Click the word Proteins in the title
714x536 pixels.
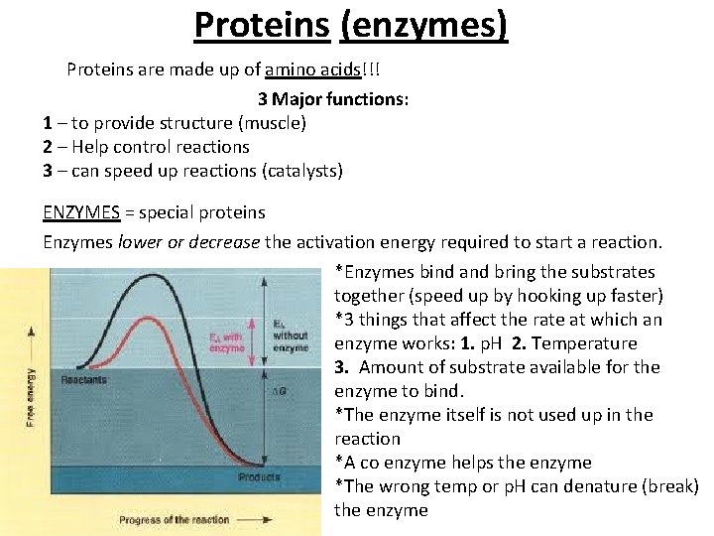(x=262, y=24)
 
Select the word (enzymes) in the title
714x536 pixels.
(x=423, y=24)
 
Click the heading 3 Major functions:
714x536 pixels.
(x=334, y=99)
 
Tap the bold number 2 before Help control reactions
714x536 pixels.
(x=48, y=147)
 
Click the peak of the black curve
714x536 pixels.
(x=161, y=281)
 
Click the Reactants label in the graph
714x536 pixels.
(x=84, y=380)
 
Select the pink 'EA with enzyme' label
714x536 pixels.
(x=226, y=341)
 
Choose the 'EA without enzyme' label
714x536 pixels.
(x=290, y=335)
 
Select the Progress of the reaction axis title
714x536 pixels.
(x=174, y=519)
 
